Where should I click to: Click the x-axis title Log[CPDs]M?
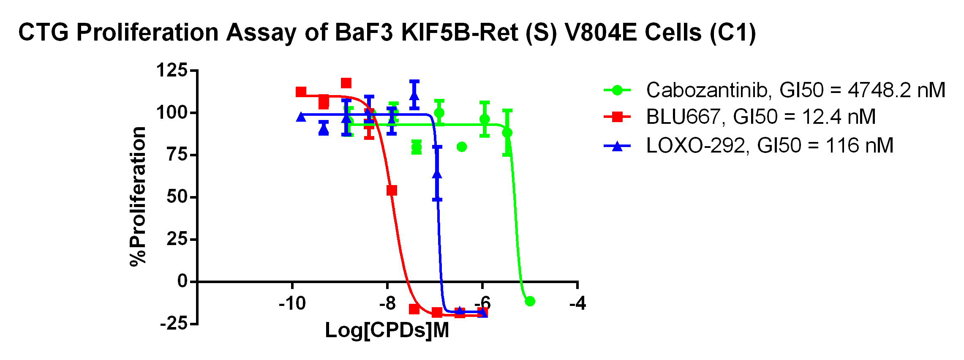(387, 330)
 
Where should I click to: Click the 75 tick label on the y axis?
(177, 155)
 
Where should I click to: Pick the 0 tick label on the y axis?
(182, 281)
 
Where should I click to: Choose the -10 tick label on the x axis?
(292, 303)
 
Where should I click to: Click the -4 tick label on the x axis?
(577, 303)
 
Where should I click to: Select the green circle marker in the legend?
(617, 90)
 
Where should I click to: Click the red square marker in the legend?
(617, 117)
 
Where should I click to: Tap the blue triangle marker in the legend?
(617, 146)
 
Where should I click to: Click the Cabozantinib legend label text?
(707, 90)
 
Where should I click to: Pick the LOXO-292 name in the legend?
(695, 146)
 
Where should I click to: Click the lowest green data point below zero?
(530, 301)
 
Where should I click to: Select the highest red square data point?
(346, 83)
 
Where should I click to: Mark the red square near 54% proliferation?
(392, 191)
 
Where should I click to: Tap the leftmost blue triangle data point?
(301, 117)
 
